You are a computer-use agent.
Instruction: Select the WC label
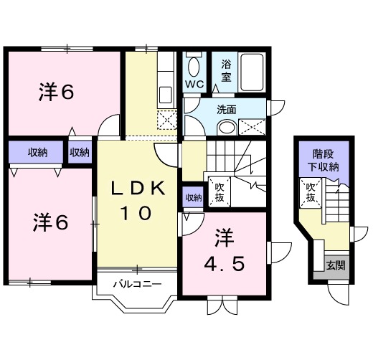tap(194, 84)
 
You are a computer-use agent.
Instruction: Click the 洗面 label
tap(227, 110)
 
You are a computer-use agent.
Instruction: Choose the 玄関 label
tap(335, 264)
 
